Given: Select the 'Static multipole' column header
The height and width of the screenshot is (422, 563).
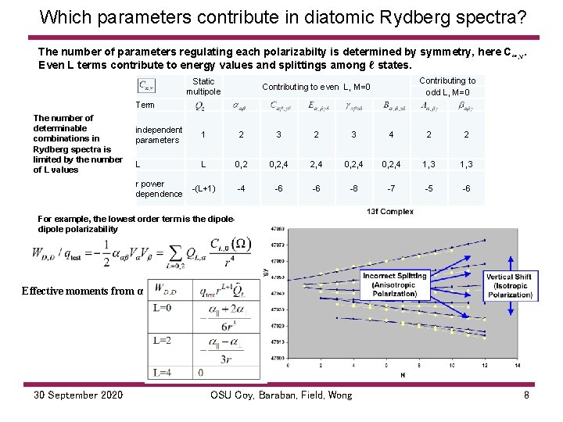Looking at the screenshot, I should tap(203, 86).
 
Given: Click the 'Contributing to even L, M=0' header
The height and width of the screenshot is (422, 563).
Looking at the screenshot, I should tap(316, 87).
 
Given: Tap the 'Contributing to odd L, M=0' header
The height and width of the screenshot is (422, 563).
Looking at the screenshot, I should tap(447, 86).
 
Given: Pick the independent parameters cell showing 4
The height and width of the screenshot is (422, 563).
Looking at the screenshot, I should tap(391, 134).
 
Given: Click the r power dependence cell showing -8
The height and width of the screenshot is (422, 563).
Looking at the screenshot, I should tap(353, 188).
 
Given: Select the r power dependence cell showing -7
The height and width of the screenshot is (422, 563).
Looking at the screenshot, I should tap(391, 188).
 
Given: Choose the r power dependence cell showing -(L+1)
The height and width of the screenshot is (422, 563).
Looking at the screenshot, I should tap(203, 188).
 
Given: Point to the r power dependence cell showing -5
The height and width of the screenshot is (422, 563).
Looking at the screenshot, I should tap(429, 188).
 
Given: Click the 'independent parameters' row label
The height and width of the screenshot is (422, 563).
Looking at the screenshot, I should tap(159, 134).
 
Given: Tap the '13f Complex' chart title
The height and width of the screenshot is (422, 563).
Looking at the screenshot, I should tap(390, 212).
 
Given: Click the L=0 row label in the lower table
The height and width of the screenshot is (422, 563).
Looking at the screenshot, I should tap(163, 307).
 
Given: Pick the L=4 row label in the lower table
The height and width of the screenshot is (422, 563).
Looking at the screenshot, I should tap(163, 373).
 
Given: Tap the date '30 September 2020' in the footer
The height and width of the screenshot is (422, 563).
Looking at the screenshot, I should tap(78, 395).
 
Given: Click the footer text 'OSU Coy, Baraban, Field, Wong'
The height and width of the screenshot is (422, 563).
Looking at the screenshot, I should tap(281, 395).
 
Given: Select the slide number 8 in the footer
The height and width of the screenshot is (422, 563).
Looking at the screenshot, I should tap(527, 395).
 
